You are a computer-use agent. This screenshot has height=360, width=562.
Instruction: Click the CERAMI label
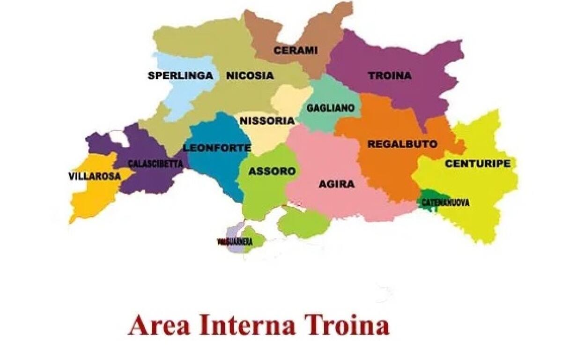pos(296,50)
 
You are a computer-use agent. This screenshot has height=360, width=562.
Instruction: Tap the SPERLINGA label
pos(180,75)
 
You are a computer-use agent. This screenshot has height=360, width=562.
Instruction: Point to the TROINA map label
pos(389,75)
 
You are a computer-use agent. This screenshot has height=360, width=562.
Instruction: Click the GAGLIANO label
pos(330,108)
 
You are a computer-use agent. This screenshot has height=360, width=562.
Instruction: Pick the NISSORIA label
pos(267,120)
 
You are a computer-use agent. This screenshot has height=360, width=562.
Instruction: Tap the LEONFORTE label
pos(217,148)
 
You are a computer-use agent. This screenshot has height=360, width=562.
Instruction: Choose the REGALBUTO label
pos(402,144)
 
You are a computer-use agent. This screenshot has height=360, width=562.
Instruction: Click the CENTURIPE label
pos(477,164)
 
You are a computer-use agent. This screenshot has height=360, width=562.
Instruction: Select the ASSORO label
pos(272,171)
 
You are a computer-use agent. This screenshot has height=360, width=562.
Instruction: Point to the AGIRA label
pos(336,184)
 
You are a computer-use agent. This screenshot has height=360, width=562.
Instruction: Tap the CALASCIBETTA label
pos(155,164)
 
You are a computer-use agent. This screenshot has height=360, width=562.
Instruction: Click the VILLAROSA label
pos(94,177)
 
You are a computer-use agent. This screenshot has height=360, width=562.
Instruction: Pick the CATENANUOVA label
pos(445,203)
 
